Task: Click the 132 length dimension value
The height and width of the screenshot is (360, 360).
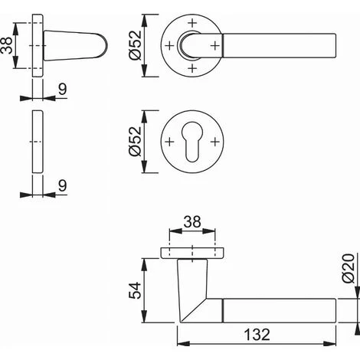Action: tap(257, 334)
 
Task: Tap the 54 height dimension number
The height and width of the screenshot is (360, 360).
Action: tap(135, 290)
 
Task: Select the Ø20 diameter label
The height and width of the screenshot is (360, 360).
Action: tap(349, 268)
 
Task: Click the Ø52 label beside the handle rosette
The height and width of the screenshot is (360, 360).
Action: tap(135, 45)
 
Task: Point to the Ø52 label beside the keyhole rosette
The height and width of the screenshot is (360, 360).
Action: tap(135, 141)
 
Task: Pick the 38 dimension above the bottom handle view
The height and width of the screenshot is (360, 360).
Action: tap(192, 221)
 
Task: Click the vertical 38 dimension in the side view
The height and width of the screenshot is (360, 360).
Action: tap(6, 45)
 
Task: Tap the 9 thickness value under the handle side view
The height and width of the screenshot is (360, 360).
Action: tap(63, 89)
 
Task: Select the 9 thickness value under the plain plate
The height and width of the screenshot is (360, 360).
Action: tap(63, 185)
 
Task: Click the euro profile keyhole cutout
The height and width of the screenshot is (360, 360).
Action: tap(192, 142)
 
